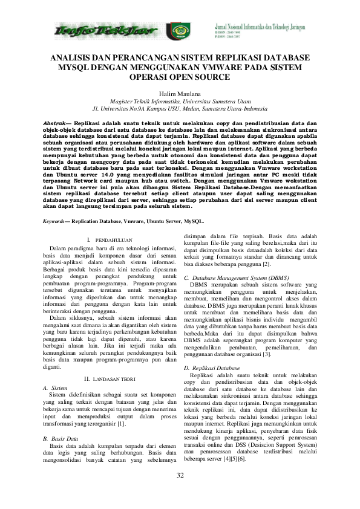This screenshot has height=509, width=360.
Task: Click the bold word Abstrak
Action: (54, 123)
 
